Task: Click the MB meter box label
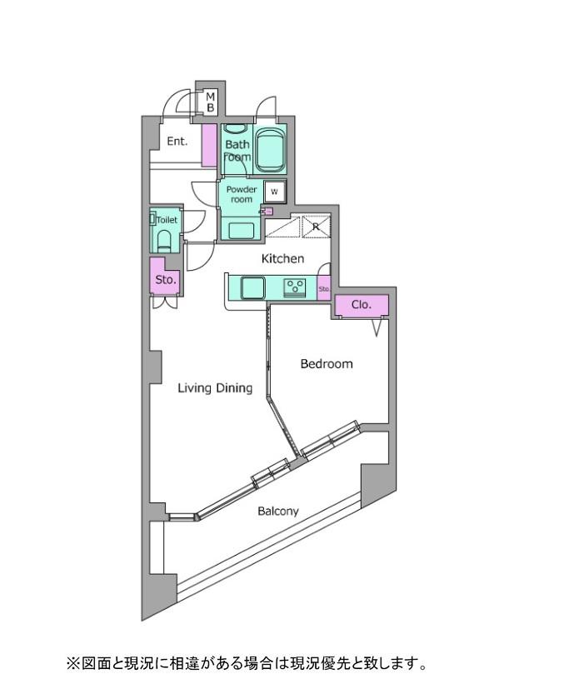[x=210, y=102]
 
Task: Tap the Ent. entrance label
[x=177, y=142]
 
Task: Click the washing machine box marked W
[x=275, y=192]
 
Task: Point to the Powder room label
[x=242, y=194]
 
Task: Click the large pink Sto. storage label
[x=166, y=279]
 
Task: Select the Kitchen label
[x=282, y=258]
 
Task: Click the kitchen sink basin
[x=253, y=287]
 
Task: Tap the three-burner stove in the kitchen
[x=295, y=287]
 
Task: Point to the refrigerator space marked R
[x=316, y=227]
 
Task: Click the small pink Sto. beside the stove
[x=324, y=288]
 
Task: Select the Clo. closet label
[x=362, y=305]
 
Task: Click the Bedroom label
[x=327, y=364]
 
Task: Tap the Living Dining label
[x=215, y=388]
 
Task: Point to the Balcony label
[x=278, y=511]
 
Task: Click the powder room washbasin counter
[x=242, y=230]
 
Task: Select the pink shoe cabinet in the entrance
[x=209, y=145]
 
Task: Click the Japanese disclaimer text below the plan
[x=247, y=663]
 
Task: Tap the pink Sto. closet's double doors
[x=165, y=302]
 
